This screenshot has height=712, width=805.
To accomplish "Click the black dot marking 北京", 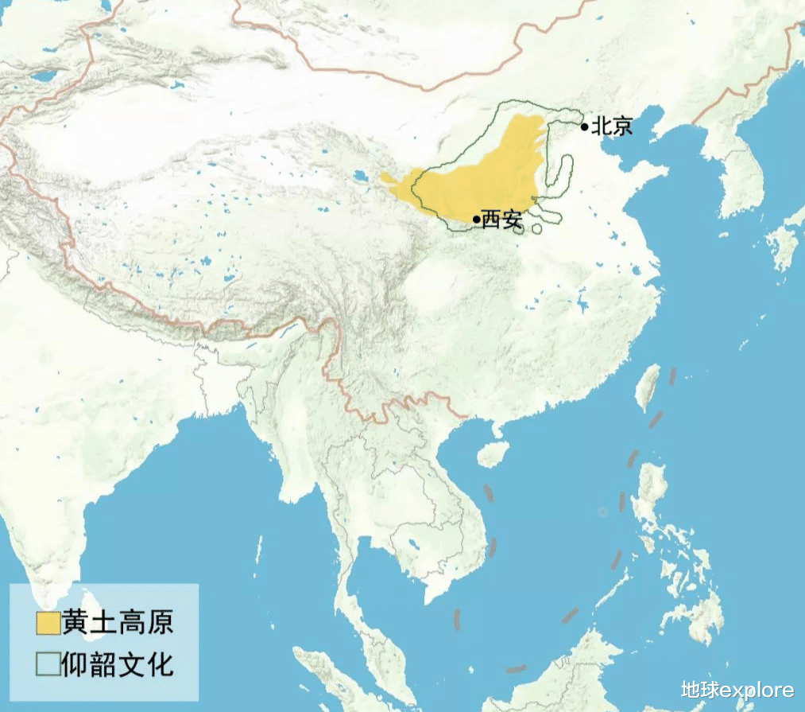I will [x=584, y=126].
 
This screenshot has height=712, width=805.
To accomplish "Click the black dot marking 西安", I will [x=476, y=219].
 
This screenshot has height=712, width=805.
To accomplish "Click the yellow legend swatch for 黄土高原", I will [x=47, y=624].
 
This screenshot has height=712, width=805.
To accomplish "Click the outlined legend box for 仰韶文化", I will [x=47, y=663].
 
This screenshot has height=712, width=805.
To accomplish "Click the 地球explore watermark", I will [x=737, y=690].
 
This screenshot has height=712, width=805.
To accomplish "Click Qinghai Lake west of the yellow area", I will [x=360, y=176].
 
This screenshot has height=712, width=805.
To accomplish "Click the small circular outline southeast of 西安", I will [x=537, y=229].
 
